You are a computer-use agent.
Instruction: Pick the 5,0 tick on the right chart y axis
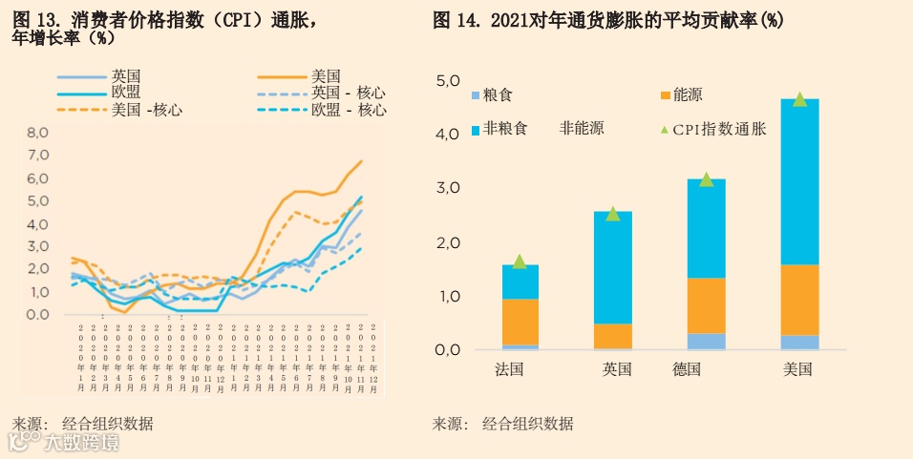448,80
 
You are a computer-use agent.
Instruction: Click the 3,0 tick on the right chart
448,188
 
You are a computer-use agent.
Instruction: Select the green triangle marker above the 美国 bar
800,99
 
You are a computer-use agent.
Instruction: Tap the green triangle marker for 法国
520,261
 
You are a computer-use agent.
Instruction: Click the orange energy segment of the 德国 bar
707,305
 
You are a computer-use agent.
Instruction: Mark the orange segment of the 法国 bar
520,322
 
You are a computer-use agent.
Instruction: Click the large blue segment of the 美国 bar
800,181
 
